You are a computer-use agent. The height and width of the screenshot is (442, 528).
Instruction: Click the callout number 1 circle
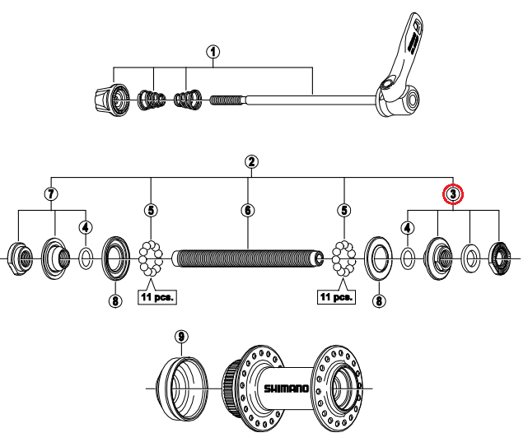[x=213, y=52]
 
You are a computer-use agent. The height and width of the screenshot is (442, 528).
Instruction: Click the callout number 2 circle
[x=251, y=162]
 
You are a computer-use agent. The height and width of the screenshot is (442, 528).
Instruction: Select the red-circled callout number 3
[x=453, y=194]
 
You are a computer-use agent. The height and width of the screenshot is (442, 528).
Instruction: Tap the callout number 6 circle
[x=248, y=210]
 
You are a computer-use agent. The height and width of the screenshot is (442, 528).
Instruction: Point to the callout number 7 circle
[x=51, y=193]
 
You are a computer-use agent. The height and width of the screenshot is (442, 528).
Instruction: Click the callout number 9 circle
[x=181, y=337]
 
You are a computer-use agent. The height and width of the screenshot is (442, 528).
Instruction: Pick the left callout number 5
[x=151, y=210]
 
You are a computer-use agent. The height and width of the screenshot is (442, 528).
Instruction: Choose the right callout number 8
[x=379, y=300]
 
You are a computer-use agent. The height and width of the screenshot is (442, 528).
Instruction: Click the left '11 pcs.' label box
[x=157, y=297]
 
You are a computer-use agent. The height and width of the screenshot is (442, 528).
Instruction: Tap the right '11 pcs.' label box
[x=336, y=297]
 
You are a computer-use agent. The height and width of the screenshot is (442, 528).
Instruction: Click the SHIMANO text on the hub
[x=286, y=388]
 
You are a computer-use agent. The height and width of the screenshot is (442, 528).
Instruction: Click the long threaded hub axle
[x=248, y=258]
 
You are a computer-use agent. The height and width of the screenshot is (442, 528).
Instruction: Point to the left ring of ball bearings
[x=151, y=258]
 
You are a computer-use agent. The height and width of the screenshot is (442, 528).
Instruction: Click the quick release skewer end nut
[x=111, y=100]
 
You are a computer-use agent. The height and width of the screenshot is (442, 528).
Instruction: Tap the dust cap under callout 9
[x=182, y=388]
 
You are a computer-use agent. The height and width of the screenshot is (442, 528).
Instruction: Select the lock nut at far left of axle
[x=21, y=258]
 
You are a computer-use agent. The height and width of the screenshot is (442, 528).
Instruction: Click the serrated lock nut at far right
[x=499, y=258]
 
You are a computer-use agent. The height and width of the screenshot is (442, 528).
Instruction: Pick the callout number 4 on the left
[x=86, y=228]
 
